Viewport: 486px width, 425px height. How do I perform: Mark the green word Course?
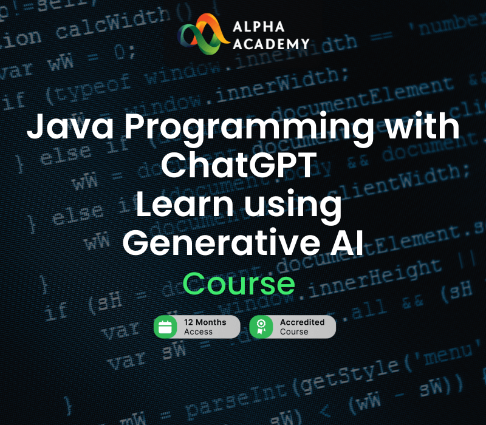tap(239, 284)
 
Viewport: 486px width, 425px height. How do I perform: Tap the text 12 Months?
tap(205, 322)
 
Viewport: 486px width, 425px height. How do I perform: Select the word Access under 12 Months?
tap(198, 332)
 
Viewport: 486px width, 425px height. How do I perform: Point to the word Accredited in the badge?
tap(302, 322)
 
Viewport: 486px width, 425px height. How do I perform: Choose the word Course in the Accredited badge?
tap(294, 332)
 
